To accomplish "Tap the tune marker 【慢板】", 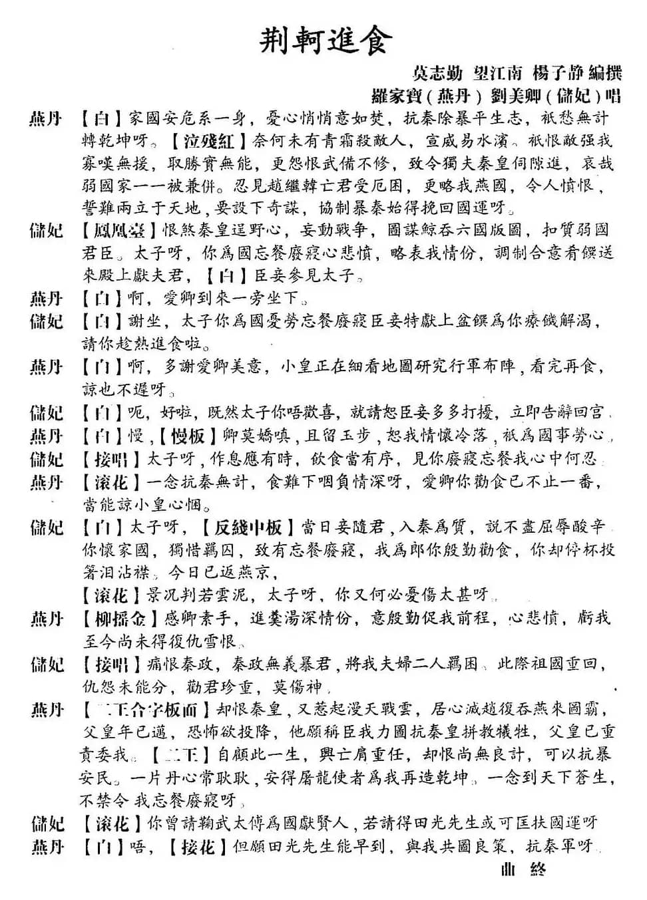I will click(x=187, y=436).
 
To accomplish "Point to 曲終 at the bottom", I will click(x=523, y=869).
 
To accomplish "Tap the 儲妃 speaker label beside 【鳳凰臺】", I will click(x=47, y=231).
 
